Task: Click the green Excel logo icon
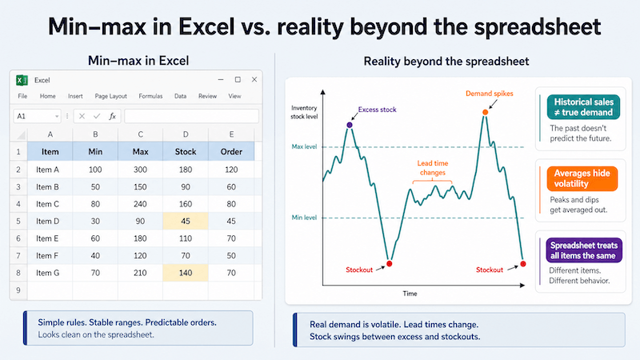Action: [x=22, y=80]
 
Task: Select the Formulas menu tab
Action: [x=150, y=96]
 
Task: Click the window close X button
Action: [x=254, y=79]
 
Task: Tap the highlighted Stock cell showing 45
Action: [x=186, y=221]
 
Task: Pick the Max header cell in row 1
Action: [x=140, y=152]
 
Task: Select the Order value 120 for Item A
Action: [x=231, y=170]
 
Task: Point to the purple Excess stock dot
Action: [x=350, y=125]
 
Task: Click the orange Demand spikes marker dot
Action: [x=485, y=112]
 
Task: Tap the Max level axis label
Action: [x=304, y=146]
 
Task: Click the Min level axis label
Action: [x=304, y=218]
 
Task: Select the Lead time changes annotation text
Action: [x=433, y=168]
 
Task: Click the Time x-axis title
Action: [x=410, y=294]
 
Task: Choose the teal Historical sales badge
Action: [x=583, y=107]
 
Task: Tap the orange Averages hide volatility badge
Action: [x=582, y=178]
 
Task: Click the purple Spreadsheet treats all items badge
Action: [x=584, y=250]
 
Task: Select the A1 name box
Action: [x=37, y=116]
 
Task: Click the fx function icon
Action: [x=112, y=116]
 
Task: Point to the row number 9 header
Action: [x=18, y=290]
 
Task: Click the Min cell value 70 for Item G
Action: [x=95, y=273]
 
